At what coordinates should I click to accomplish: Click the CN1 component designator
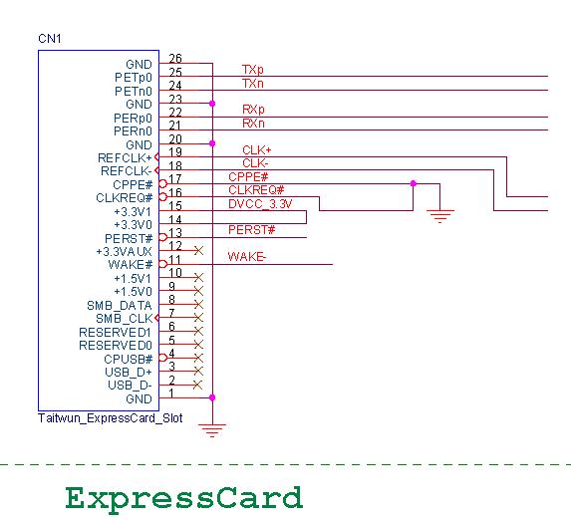(x=50, y=39)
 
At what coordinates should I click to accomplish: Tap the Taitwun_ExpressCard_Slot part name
(x=110, y=418)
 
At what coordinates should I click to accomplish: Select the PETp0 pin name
(x=134, y=78)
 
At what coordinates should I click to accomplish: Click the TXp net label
(x=253, y=70)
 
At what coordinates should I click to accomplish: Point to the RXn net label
(x=253, y=124)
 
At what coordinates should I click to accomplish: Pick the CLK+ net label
(x=257, y=150)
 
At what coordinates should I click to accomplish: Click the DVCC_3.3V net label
(x=260, y=204)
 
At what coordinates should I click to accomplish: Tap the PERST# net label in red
(x=252, y=230)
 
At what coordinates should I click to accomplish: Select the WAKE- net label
(x=247, y=257)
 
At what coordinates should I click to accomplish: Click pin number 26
(x=175, y=58)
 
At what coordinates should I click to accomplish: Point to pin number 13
(x=175, y=232)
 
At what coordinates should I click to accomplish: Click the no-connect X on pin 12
(x=199, y=250)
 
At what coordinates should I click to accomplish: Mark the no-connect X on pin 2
(x=197, y=385)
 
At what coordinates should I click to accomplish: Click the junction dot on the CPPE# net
(x=413, y=183)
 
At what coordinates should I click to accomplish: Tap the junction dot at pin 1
(x=212, y=397)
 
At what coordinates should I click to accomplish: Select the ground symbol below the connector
(x=212, y=430)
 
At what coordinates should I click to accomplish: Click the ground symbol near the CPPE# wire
(x=439, y=216)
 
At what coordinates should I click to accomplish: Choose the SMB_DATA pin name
(x=120, y=306)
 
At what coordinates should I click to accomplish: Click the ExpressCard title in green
(x=184, y=498)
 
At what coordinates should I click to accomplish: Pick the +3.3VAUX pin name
(x=124, y=252)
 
